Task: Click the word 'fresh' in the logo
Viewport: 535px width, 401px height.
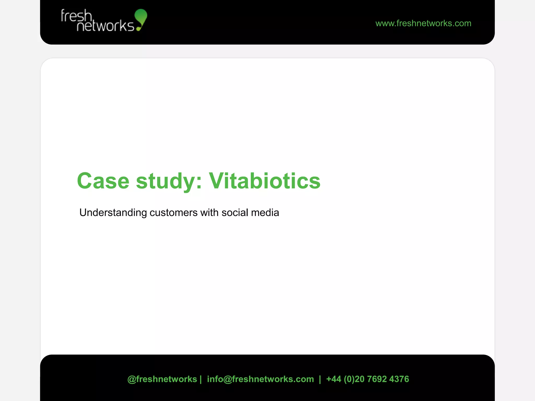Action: tap(76, 16)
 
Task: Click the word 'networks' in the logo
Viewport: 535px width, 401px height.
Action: tap(105, 26)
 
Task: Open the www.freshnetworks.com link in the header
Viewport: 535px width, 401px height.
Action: tap(423, 23)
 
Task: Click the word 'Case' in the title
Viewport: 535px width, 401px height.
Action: tap(103, 181)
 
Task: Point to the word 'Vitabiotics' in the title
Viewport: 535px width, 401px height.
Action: tap(264, 181)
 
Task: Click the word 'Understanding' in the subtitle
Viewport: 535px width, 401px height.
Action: tap(113, 213)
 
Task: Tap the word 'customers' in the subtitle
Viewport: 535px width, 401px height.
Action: tap(173, 213)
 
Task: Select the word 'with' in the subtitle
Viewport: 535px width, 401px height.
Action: tap(209, 213)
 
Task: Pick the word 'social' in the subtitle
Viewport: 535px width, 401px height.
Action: tap(235, 213)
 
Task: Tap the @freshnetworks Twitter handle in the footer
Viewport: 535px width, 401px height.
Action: tap(162, 379)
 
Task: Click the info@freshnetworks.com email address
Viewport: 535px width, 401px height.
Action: tap(260, 379)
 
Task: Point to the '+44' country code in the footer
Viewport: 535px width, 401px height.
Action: tap(334, 379)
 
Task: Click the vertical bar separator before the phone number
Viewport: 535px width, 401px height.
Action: tap(320, 379)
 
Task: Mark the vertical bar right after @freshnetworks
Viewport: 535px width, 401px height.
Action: tap(201, 379)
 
